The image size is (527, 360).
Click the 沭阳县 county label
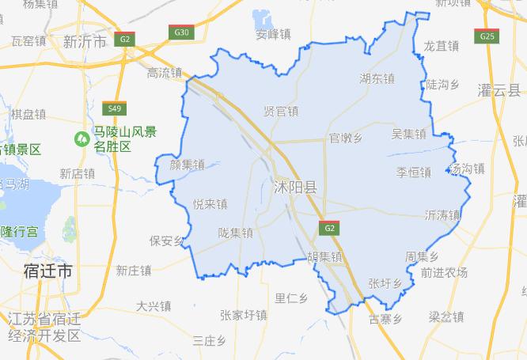tap(294, 188)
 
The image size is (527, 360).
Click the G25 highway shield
tap(487, 36)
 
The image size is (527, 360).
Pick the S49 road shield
tap(116, 108)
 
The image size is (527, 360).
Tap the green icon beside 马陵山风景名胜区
tap(81, 138)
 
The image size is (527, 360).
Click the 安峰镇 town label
tap(273, 35)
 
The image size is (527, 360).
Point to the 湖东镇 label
tap(377, 78)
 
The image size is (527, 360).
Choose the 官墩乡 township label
tap(346, 138)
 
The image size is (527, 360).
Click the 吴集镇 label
tap(408, 135)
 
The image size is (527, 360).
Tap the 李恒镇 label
tap(413, 172)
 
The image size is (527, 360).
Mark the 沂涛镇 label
tap(442, 214)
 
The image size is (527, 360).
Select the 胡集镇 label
tap(324, 256)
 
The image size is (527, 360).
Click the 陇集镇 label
tap(236, 233)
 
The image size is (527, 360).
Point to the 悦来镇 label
tap(210, 203)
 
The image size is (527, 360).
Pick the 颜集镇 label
tap(187, 165)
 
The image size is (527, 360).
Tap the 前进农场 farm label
tap(444, 273)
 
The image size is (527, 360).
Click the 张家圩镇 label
tap(244, 315)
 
